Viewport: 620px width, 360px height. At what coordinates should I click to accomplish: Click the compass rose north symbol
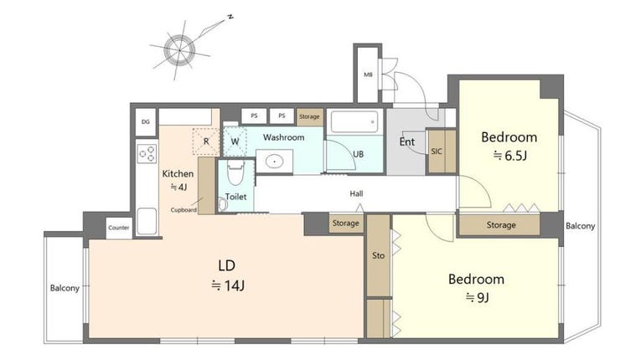point(179,49)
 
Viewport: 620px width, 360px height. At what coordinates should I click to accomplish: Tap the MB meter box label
point(368,75)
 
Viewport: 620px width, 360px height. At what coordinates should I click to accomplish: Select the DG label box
point(146,122)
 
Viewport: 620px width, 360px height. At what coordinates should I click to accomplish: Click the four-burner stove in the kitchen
point(147,154)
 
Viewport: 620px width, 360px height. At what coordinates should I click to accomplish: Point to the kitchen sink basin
point(147,221)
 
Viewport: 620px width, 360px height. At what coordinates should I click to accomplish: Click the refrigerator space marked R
point(206,141)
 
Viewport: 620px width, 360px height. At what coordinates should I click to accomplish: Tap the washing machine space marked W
point(235,141)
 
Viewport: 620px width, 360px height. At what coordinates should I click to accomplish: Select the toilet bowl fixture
point(235,172)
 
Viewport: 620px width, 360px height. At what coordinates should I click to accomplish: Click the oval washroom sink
point(274,162)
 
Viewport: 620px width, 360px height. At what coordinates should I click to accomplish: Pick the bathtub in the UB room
point(354,121)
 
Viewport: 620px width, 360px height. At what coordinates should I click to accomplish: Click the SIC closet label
point(437,152)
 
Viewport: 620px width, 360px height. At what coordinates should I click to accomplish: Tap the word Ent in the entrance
point(407,141)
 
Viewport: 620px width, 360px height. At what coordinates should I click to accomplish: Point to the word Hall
point(356,193)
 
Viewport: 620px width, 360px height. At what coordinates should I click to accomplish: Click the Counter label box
point(119,228)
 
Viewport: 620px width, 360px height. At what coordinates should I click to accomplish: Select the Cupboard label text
point(183,210)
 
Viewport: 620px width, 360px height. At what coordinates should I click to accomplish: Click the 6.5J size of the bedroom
point(510,156)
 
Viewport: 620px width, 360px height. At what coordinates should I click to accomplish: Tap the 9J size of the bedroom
point(478,297)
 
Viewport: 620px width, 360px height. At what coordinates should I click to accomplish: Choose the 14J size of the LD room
point(228,285)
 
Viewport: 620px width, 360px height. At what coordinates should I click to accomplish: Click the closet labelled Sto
point(379,255)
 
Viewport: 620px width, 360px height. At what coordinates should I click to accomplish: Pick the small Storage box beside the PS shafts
point(310,116)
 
